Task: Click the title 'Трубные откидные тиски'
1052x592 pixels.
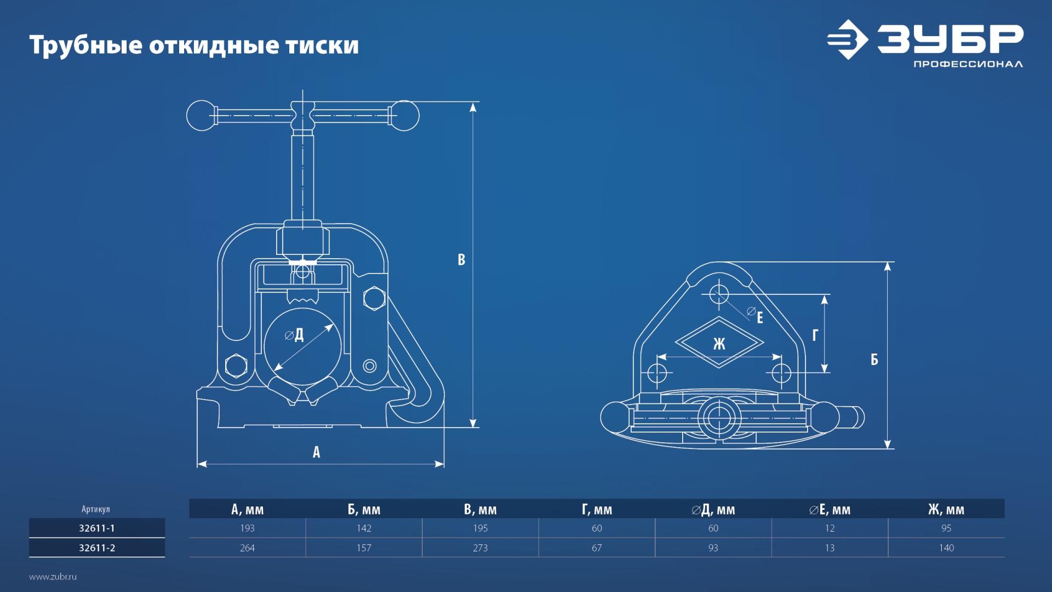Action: coord(194,45)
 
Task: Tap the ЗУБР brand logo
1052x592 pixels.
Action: coord(925,43)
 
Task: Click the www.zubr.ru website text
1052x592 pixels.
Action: coord(53,577)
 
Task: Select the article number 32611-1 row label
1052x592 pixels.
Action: coord(97,528)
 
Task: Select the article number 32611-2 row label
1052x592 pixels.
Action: coord(97,548)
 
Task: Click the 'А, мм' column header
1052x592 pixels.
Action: coord(247,510)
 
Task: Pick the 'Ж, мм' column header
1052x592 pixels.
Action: coord(946,510)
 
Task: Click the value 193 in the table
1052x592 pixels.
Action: coord(247,528)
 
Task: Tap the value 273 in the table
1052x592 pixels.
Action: coord(480,548)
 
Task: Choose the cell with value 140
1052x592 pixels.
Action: coord(946,548)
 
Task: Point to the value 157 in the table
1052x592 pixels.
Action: coord(364,548)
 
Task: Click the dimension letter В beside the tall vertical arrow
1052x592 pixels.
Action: coord(461,260)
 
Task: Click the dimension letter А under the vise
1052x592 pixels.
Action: coord(316,452)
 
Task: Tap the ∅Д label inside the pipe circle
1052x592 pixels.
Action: coord(295,335)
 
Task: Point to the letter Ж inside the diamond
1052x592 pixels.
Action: coord(719,344)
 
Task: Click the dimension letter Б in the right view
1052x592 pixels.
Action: coord(874,360)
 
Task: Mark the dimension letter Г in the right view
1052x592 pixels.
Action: coord(815,335)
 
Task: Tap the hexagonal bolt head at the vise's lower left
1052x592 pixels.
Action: coord(236,366)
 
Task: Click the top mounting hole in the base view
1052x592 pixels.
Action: coord(719,294)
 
